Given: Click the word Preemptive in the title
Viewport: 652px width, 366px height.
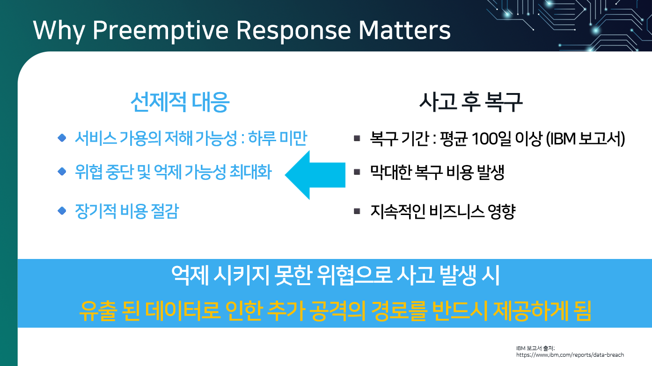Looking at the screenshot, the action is click(161, 31).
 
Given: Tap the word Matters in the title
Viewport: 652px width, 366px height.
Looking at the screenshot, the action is click(404, 30).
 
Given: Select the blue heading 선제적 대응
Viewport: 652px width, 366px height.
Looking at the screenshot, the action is click(180, 102).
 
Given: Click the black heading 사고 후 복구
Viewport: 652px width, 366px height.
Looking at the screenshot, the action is click(471, 102).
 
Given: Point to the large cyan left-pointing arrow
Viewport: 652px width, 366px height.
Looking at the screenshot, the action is click(315, 175).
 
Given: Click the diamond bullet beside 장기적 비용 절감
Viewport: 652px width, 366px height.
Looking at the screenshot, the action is click(62, 211).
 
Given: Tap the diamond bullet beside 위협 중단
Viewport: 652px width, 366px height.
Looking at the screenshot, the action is click(62, 172).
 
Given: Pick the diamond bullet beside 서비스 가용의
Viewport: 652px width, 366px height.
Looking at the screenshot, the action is click(62, 138).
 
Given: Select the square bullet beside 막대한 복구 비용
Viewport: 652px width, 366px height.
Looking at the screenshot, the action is click(357, 172).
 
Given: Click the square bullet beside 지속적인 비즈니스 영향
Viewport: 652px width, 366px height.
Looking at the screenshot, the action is click(357, 211).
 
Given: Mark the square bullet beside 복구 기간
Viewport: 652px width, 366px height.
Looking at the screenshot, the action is click(357, 138).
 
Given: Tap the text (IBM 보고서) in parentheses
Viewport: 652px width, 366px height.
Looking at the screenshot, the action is click(586, 138).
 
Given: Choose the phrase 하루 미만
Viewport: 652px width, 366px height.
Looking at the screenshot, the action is click(278, 138).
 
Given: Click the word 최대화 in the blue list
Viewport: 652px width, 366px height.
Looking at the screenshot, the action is click(250, 172).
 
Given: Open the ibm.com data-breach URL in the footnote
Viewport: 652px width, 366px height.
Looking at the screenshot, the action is click(570, 355).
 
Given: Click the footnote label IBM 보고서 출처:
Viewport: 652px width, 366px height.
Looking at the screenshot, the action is click(535, 348).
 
